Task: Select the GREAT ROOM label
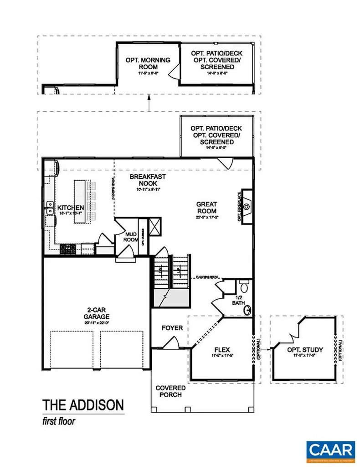tap(206, 208)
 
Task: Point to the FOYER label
tap(172, 328)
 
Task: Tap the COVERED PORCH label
tap(170, 391)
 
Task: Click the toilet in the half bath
tap(243, 287)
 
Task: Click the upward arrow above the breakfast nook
tap(149, 103)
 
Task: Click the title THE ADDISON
tap(82, 405)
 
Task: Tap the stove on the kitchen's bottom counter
tap(68, 249)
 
